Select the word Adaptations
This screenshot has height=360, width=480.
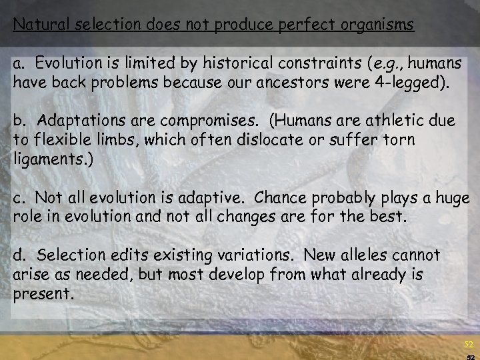pyautogui.click(x=80, y=121)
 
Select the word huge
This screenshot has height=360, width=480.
pyautogui.click(x=455, y=199)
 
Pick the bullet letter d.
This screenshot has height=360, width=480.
pyautogui.click(x=19, y=255)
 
